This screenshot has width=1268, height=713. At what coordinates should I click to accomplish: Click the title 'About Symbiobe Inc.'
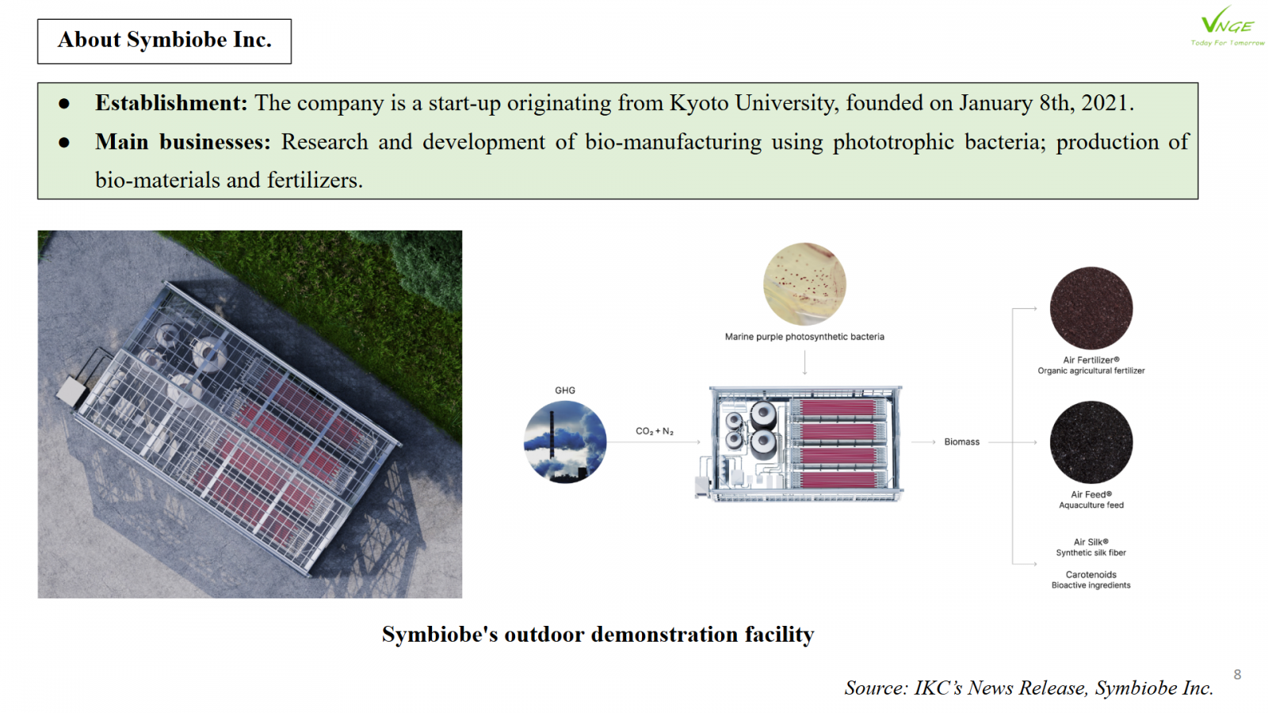coord(164,40)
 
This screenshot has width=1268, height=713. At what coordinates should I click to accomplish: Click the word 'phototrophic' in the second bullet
coord(893,142)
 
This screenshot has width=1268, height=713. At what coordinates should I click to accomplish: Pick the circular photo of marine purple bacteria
coord(804,284)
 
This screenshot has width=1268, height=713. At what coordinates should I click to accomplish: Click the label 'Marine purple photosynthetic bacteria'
coord(804,337)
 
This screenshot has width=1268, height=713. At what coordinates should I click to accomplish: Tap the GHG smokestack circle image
coord(565,442)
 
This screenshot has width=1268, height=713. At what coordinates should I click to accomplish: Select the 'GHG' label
coord(565,391)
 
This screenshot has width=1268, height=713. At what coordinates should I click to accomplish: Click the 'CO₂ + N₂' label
coord(655,431)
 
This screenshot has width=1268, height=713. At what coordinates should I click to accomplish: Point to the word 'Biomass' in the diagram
coord(961,442)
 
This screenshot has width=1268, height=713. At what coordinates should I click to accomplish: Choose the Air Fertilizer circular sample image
coord(1091,308)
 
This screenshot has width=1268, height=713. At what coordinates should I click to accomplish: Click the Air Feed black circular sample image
coord(1091,442)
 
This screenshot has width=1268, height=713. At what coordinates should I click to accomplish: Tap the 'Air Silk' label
coord(1091,542)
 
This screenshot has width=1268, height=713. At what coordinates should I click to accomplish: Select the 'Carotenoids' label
coord(1091,574)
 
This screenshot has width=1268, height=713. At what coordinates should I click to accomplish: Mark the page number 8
coord(1237,674)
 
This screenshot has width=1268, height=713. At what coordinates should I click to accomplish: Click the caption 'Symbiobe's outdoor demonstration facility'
coord(598,635)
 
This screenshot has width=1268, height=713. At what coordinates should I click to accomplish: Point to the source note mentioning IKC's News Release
coord(1029,688)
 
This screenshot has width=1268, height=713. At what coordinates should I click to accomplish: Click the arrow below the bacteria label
coord(804,362)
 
